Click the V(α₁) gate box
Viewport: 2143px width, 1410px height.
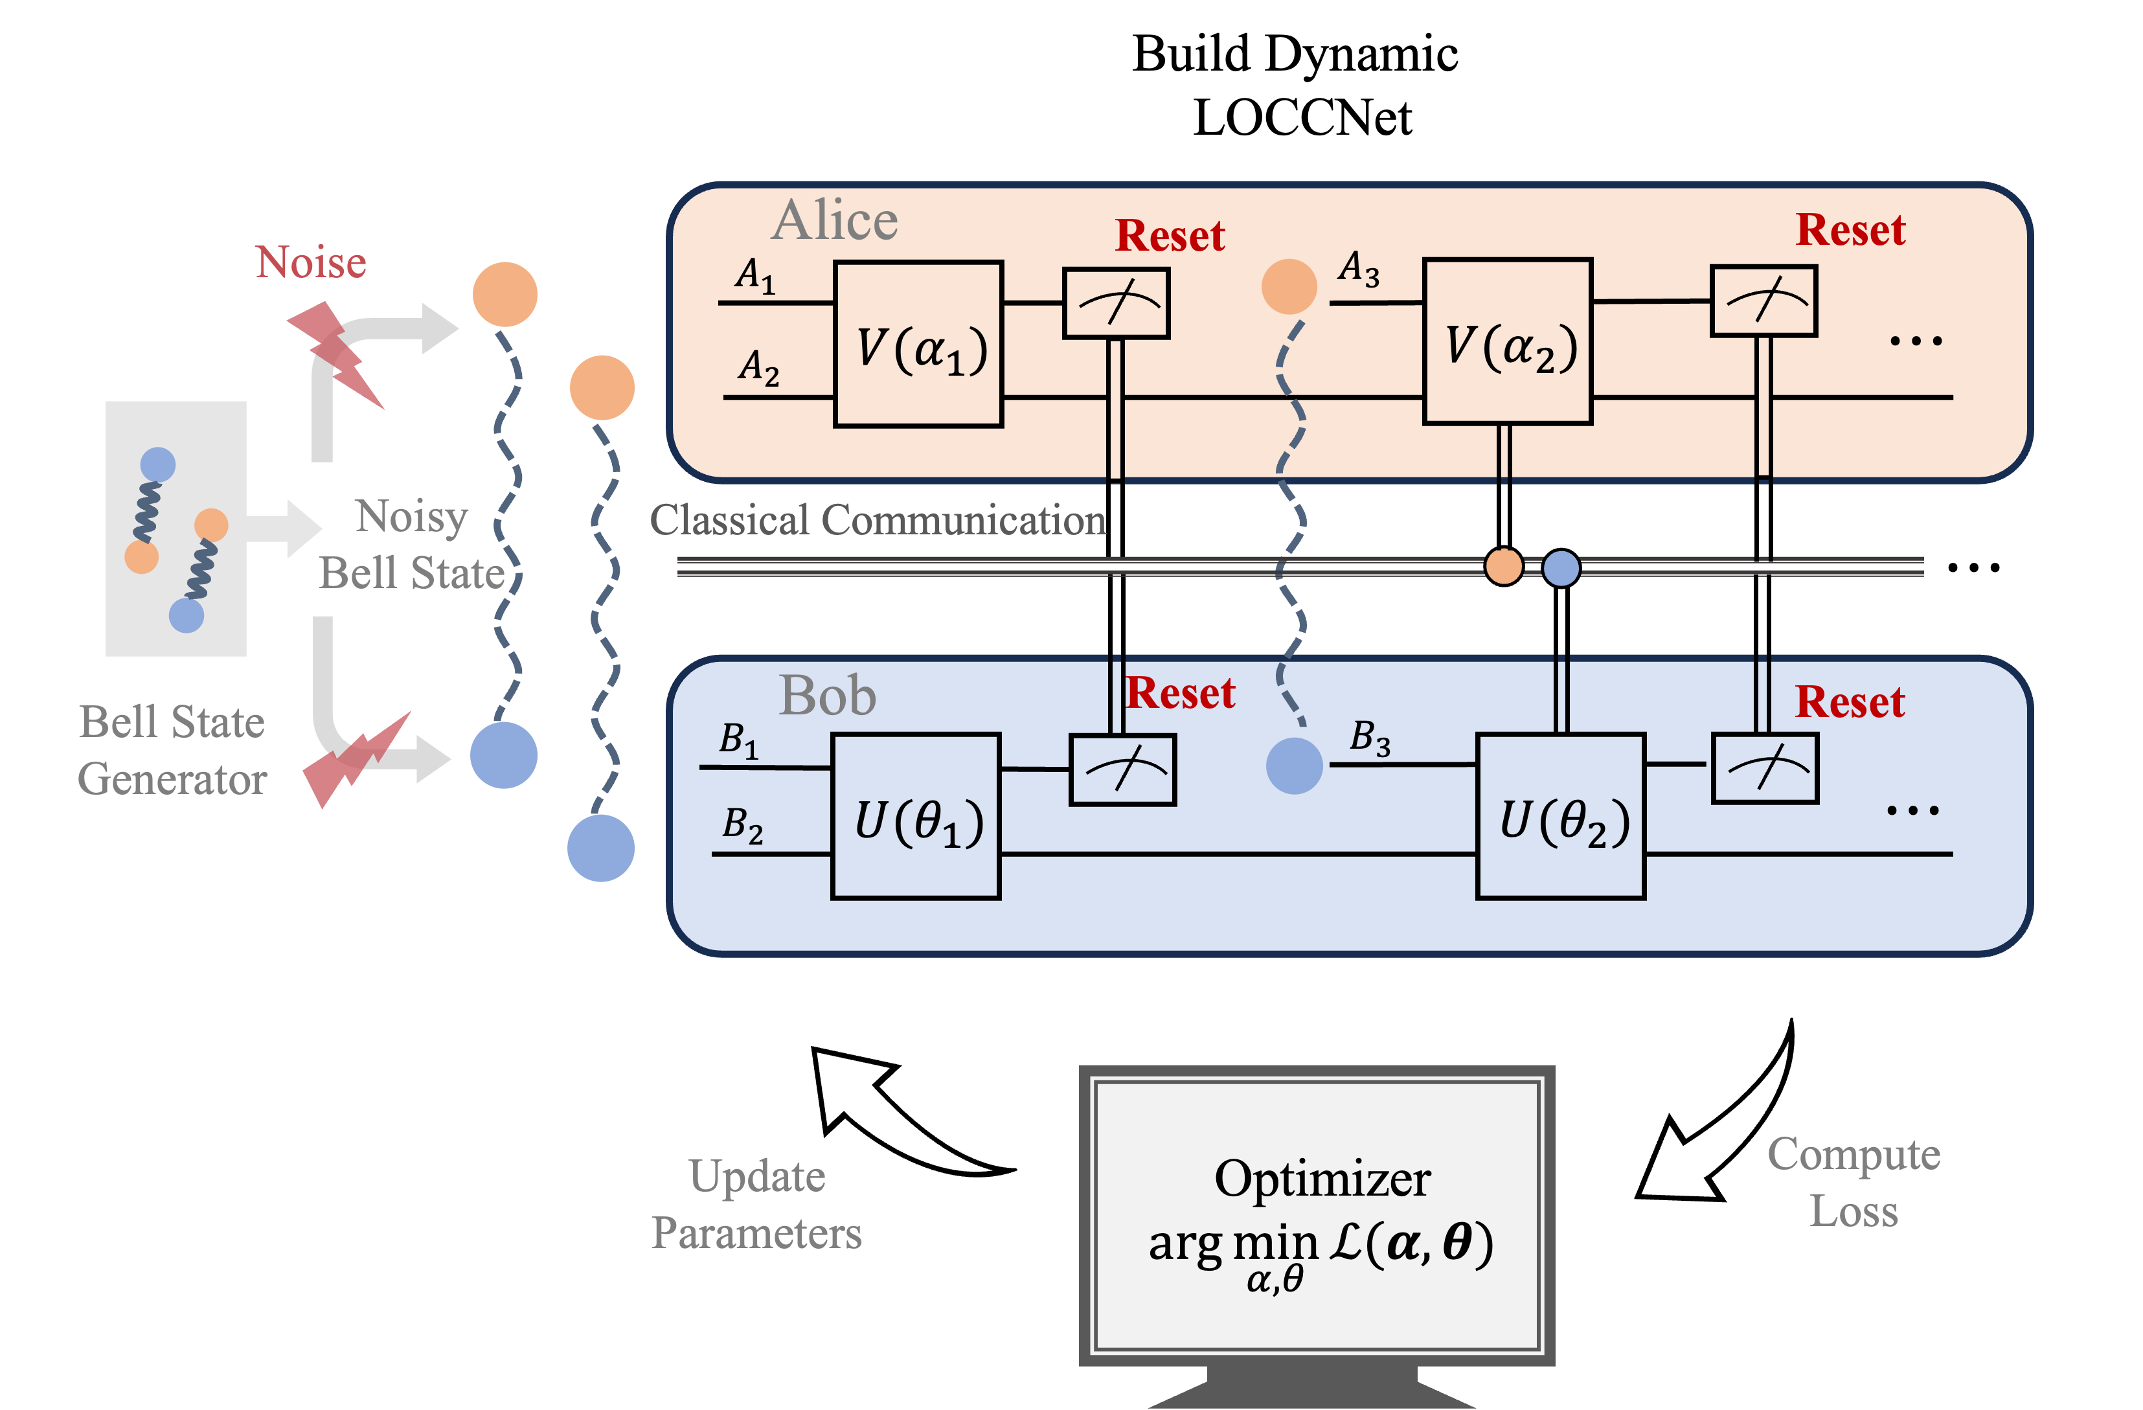[918, 344]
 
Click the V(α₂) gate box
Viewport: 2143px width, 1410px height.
[1506, 342]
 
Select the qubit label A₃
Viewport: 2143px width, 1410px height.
[1359, 268]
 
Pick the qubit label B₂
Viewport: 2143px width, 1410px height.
[743, 826]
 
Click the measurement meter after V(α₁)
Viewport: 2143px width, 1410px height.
[1116, 303]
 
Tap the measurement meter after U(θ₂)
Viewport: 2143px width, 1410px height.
[1764, 769]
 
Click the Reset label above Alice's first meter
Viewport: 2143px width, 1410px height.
[1170, 236]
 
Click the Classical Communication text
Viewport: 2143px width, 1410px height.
[878, 521]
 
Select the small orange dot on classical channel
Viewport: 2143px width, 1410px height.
[1502, 566]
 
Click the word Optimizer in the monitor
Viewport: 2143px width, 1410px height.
[1321, 1179]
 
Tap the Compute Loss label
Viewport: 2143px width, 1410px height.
[1853, 1182]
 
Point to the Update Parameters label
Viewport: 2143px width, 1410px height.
[756, 1205]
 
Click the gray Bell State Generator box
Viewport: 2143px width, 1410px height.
[176, 529]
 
